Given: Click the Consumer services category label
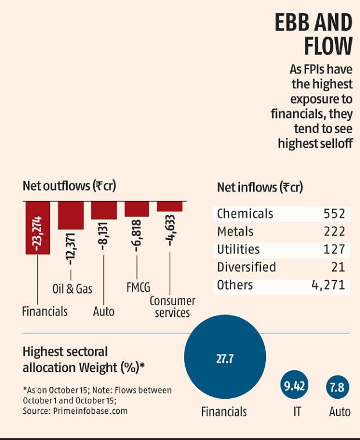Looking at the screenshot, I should click(172, 307).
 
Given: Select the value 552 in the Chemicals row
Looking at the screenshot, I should click(334, 213).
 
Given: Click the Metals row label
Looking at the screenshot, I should click(235, 231).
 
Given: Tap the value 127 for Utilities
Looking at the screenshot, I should click(335, 249).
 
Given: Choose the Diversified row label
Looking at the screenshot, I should click(246, 267).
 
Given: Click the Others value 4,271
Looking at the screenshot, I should click(327, 285).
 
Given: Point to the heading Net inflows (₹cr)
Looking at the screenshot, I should click(260, 187).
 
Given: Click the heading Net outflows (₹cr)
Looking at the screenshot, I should click(69, 186).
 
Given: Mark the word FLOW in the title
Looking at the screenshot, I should click(328, 47).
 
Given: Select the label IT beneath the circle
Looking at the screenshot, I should click(297, 412).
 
